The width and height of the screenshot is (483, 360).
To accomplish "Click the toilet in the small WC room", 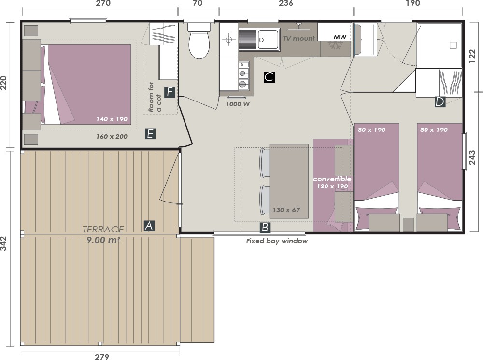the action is coord(199,41).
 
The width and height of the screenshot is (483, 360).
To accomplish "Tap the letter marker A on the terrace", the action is coord(149,226).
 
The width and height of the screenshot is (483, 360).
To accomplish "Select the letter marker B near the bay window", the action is coord(265,228).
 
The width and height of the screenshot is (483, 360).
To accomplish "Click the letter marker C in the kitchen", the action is coord(269,77).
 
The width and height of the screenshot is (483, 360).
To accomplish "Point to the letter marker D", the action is coord(440,101).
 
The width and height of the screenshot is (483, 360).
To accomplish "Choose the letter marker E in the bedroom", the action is coord(150,134).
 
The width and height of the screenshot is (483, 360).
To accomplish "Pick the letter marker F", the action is coord(170,92).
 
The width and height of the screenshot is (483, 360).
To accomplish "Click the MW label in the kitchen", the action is coord(340,37).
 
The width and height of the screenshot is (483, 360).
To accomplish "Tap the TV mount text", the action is coord(299,39).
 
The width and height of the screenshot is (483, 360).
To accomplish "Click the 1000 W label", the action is coord(238,104).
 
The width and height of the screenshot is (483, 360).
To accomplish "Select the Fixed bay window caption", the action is coord(277,241).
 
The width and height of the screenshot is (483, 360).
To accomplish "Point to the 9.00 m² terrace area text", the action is coord(103,240).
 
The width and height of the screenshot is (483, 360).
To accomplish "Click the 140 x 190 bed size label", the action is coord(112,119).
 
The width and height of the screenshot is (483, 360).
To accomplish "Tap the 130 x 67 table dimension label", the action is coord(286,210).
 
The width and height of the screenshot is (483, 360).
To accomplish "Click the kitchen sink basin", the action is coord(268,40).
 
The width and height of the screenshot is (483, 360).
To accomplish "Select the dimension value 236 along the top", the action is coord(286,3).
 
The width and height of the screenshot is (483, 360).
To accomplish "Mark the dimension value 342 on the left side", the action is coord(3,244).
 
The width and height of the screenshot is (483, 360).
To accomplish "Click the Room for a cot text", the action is coord(155,97).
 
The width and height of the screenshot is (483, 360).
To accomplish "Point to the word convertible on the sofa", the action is coord(332,179).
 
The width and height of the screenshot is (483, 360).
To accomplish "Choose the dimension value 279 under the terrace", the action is coord(101,357).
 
